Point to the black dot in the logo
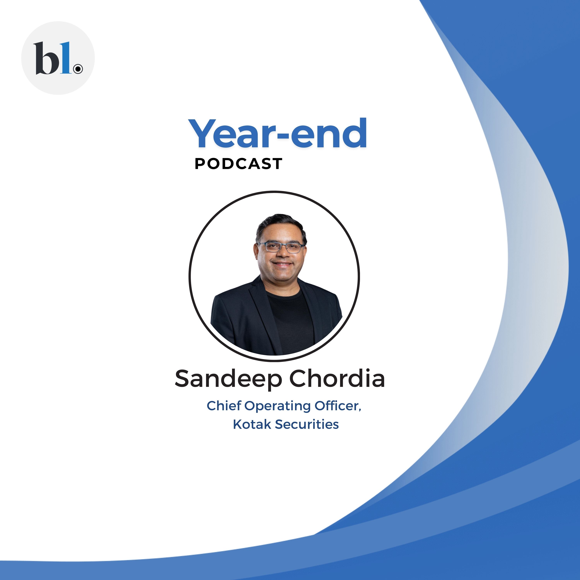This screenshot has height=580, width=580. pyautogui.click(x=78, y=69)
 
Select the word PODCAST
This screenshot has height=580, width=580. pyautogui.click(x=238, y=164)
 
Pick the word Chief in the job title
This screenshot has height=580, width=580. pyautogui.click(x=224, y=406)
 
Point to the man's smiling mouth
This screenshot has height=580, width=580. pyautogui.click(x=283, y=264)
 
